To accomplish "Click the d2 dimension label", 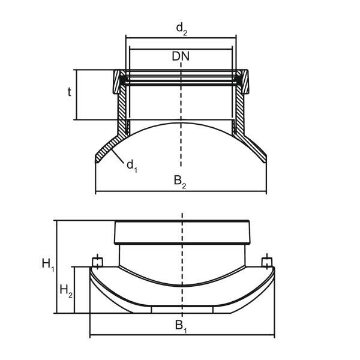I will [x=181, y=28].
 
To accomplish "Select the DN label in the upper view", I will [x=181, y=56].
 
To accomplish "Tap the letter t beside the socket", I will [x=70, y=92].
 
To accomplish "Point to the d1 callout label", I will [x=131, y=166].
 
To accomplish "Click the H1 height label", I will [x=47, y=263].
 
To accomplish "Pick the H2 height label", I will [x=66, y=291].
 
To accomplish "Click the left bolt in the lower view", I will [x=97, y=262].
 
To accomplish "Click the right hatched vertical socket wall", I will [x=240, y=108].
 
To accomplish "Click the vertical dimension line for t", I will [x=77, y=94].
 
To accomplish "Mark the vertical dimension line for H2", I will [x=74, y=290].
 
